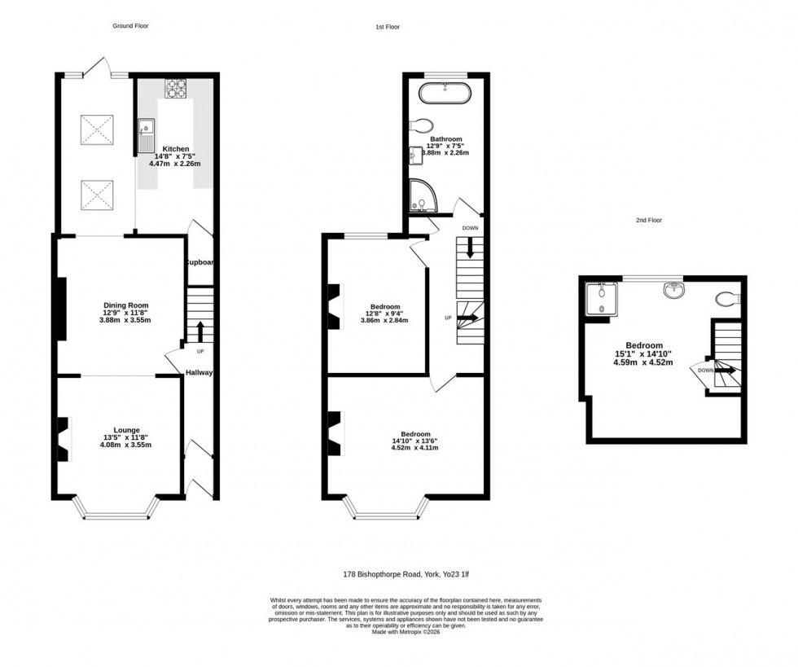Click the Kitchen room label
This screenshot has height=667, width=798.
tap(175, 149)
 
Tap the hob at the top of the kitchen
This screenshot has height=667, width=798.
tap(177, 88)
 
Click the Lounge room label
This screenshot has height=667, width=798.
tap(126, 430)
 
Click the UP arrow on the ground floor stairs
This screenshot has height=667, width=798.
tap(199, 331)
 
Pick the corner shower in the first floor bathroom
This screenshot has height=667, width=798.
tap(421, 194)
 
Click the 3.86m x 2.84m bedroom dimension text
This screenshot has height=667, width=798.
tap(384, 321)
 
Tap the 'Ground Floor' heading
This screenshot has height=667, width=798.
tap(130, 26)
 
